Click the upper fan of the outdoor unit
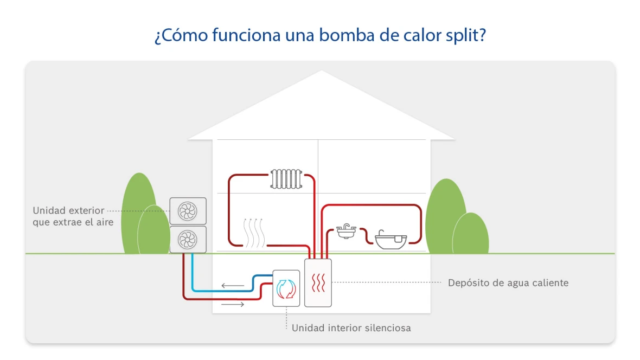[188, 211]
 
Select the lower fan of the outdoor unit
[188, 239]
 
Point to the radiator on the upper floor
[286, 179]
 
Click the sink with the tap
[345, 232]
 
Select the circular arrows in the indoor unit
[285, 288]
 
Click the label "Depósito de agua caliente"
[508, 283]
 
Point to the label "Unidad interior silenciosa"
[351, 328]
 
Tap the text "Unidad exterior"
[68, 210]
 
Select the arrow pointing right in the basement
[233, 305]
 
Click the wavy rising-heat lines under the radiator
[253, 232]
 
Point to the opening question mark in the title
[157, 37]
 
